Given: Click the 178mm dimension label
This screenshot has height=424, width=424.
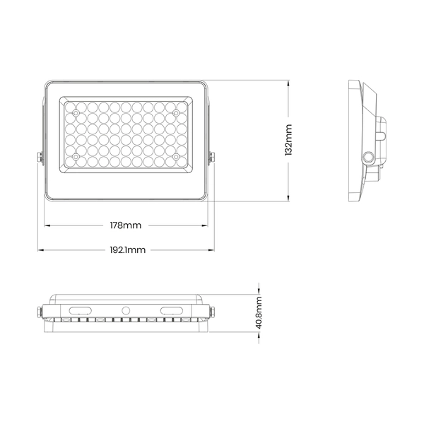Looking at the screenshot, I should click(x=126, y=225).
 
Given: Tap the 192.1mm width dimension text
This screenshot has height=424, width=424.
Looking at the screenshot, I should click(x=128, y=249).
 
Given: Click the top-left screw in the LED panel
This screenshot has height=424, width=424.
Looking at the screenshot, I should click(x=75, y=112).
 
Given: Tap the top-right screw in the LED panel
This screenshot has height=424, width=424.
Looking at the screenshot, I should click(x=176, y=112).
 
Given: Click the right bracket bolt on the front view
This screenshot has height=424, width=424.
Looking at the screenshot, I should click(x=212, y=159).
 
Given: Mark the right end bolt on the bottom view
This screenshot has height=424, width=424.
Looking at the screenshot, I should click(x=213, y=311).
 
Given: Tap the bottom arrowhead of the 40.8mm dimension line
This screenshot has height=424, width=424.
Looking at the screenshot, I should click(x=260, y=334).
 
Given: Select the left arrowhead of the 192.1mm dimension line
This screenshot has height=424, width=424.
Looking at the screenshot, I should click(x=40, y=249).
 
